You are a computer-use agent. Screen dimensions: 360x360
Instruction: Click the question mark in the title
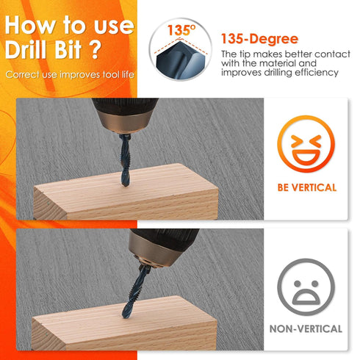(95, 49)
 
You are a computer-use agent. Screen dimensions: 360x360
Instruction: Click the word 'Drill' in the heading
(26, 49)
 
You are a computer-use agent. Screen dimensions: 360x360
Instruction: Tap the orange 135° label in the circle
(181, 30)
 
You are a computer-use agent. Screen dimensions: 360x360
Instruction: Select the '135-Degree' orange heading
(259, 39)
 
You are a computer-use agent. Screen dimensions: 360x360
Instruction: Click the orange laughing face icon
(306, 144)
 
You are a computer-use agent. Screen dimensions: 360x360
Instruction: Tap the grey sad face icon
(306, 287)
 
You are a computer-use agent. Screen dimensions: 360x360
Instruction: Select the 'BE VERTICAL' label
(307, 188)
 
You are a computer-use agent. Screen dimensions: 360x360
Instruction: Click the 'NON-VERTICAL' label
(306, 329)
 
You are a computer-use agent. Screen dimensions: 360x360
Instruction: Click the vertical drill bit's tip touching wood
(126, 185)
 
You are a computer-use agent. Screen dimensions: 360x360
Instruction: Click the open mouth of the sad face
(306, 297)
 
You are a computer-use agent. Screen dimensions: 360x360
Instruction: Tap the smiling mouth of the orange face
(306, 156)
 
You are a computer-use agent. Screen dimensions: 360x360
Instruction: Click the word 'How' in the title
(29, 25)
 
